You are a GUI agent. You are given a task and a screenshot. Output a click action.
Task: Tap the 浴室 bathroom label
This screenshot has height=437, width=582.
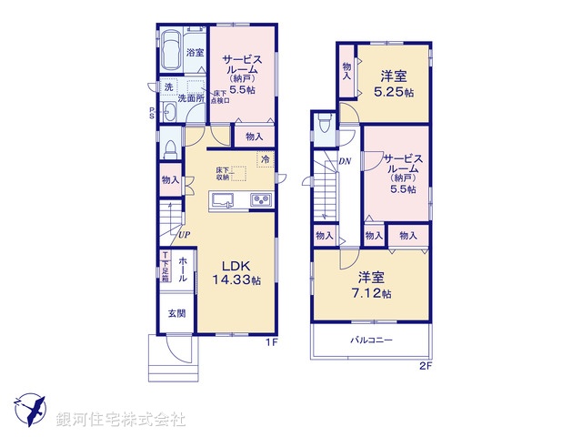[x=195, y=53]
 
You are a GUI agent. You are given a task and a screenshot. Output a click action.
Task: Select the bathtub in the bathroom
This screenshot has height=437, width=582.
[x=170, y=53]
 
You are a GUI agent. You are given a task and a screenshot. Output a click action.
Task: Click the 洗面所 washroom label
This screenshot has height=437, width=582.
[x=192, y=97]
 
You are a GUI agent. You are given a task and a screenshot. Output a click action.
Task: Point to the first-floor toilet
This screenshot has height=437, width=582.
[x=170, y=148]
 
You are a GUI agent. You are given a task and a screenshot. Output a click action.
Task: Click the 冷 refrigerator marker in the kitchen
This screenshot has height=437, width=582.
[x=266, y=160]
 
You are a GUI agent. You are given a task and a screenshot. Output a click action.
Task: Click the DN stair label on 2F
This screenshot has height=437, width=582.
[x=345, y=162]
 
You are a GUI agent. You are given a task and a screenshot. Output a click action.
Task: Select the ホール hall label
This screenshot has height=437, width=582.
[x=183, y=269]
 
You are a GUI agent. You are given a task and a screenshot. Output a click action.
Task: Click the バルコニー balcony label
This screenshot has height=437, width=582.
[x=372, y=340]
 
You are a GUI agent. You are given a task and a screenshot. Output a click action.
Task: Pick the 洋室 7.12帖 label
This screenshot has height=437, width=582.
[x=367, y=287]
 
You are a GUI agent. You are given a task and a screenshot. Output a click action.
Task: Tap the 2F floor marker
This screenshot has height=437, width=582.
[x=425, y=368]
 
